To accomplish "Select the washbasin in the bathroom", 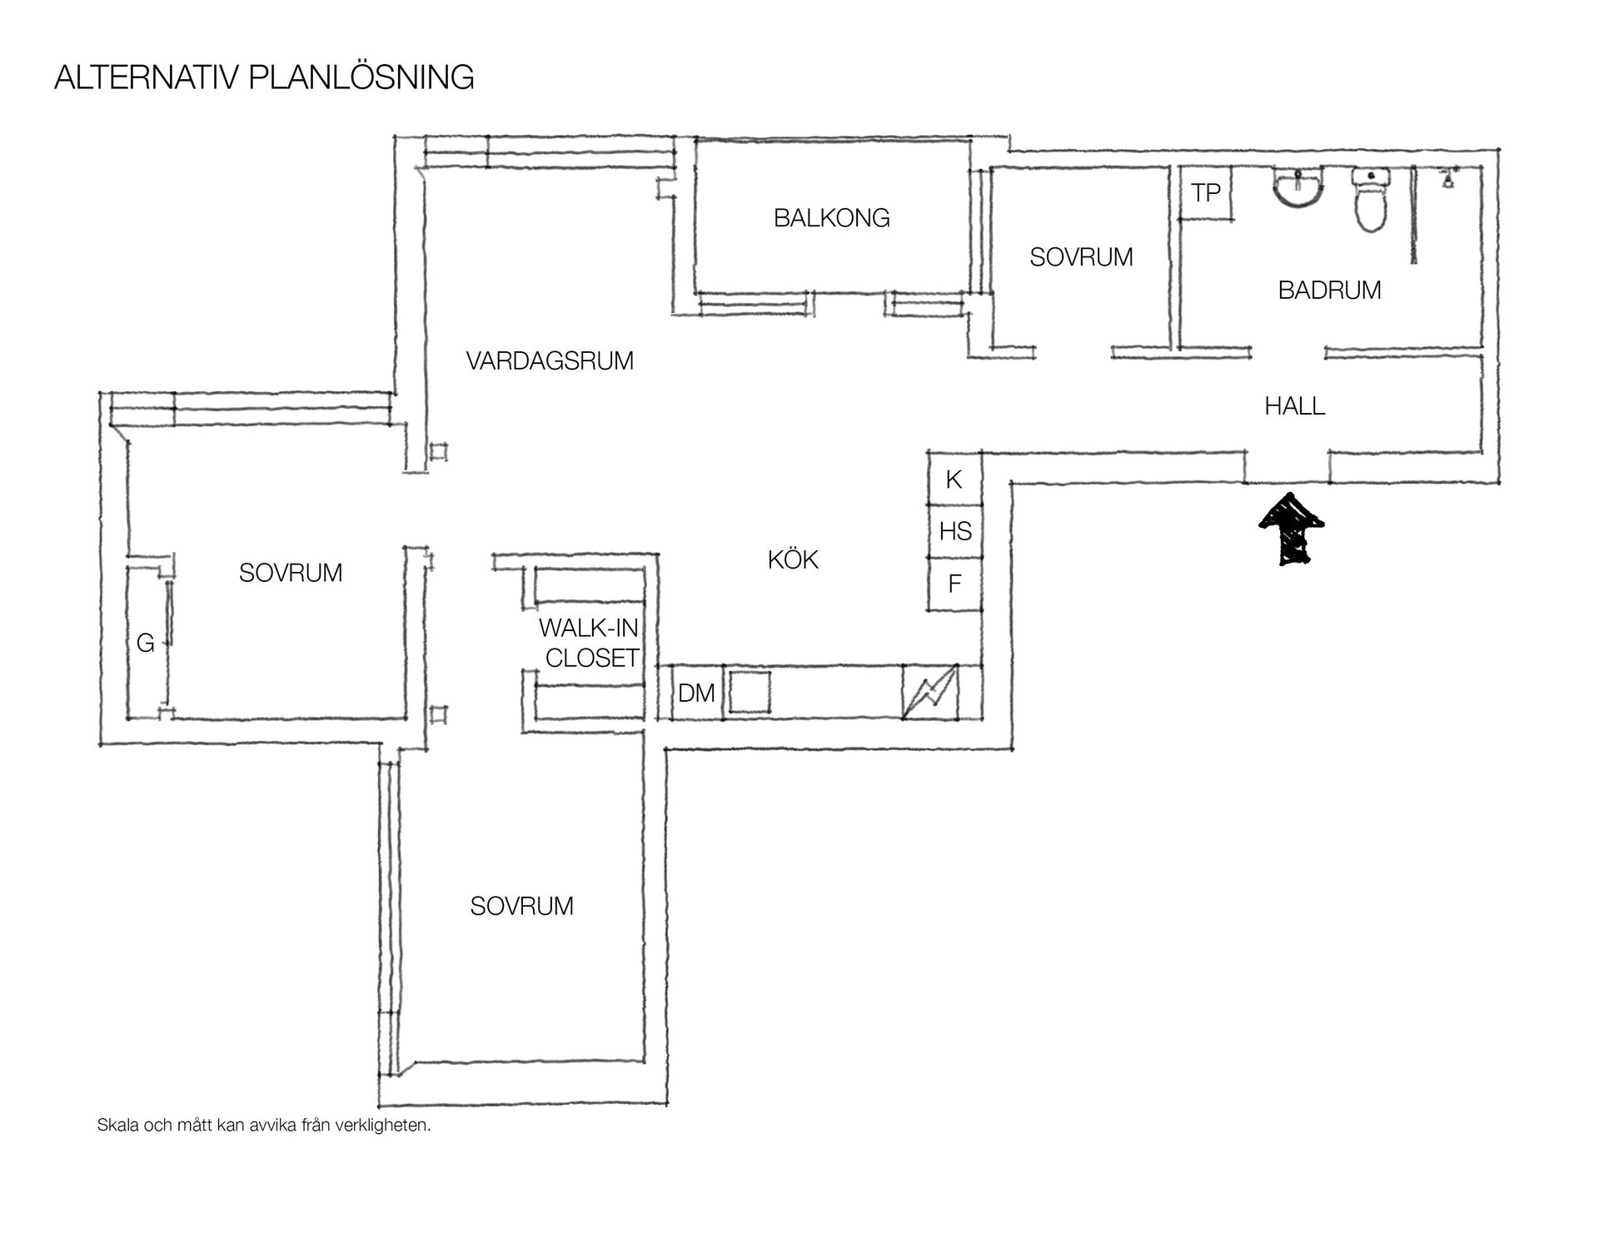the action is click(1298, 190).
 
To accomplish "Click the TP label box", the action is click(1206, 192).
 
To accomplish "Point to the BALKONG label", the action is click(832, 218).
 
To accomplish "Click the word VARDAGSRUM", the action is click(550, 361).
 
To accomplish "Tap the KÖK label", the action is click(793, 559).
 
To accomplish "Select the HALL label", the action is click(1294, 406).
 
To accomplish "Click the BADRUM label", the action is click(1329, 290).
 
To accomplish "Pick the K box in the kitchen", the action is click(955, 478).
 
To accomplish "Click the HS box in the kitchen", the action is click(955, 531).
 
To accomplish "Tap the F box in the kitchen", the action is click(955, 584).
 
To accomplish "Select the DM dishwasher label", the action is click(696, 693).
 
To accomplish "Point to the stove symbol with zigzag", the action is click(930, 692).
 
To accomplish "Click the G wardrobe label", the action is click(146, 643).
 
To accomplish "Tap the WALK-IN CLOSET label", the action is click(589, 643).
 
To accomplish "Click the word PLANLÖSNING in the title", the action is click(361, 77).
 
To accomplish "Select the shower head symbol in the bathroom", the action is click(1450, 177).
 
